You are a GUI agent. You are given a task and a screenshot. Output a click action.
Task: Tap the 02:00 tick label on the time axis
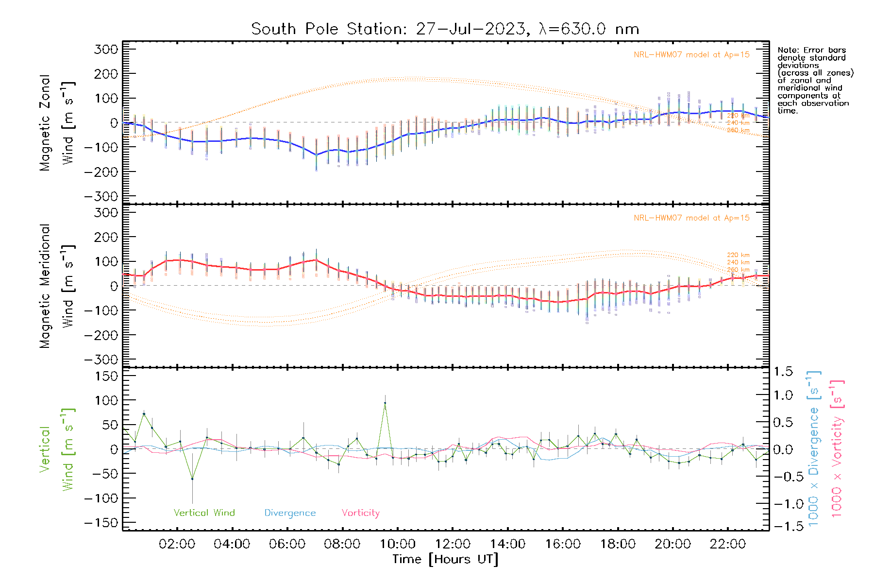point(177,544)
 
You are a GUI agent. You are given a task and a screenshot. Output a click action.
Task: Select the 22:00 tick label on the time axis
point(727,544)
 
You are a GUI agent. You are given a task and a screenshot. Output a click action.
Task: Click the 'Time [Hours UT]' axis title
point(445,559)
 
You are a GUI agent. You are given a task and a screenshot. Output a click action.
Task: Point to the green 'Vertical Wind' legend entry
point(204,513)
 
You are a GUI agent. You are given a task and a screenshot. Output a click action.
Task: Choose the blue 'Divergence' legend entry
point(290,513)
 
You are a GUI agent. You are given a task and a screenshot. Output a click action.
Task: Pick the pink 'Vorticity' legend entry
point(360,513)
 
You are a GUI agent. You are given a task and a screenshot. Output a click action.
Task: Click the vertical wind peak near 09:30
point(385,403)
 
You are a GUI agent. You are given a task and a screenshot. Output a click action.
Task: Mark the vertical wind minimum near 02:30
point(192,479)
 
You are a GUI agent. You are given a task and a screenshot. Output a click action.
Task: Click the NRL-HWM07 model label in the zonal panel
point(691,55)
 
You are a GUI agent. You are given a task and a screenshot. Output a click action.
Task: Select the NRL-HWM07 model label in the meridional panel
point(691,218)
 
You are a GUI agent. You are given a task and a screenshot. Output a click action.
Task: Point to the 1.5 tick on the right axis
point(783,372)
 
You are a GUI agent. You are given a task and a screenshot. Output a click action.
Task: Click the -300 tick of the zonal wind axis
point(101,196)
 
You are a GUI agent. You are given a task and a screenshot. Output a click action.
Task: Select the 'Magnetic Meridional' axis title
point(45,286)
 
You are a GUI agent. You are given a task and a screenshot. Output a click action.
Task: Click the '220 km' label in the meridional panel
point(738,255)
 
